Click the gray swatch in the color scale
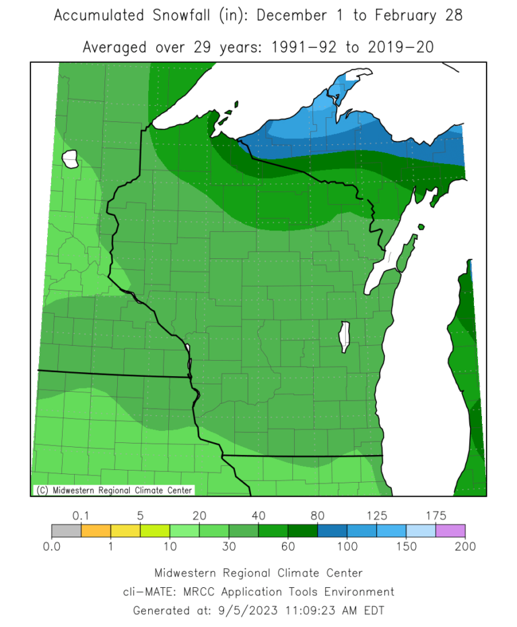point(66,531)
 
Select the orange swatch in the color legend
point(96,531)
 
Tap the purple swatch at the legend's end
point(450,531)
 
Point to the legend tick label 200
point(465,546)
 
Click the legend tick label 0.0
point(52,546)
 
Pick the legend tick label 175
point(436,516)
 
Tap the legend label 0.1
point(81,516)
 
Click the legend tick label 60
point(288,546)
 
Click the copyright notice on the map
point(114,490)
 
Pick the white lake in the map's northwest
point(69,159)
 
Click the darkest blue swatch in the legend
point(332,531)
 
